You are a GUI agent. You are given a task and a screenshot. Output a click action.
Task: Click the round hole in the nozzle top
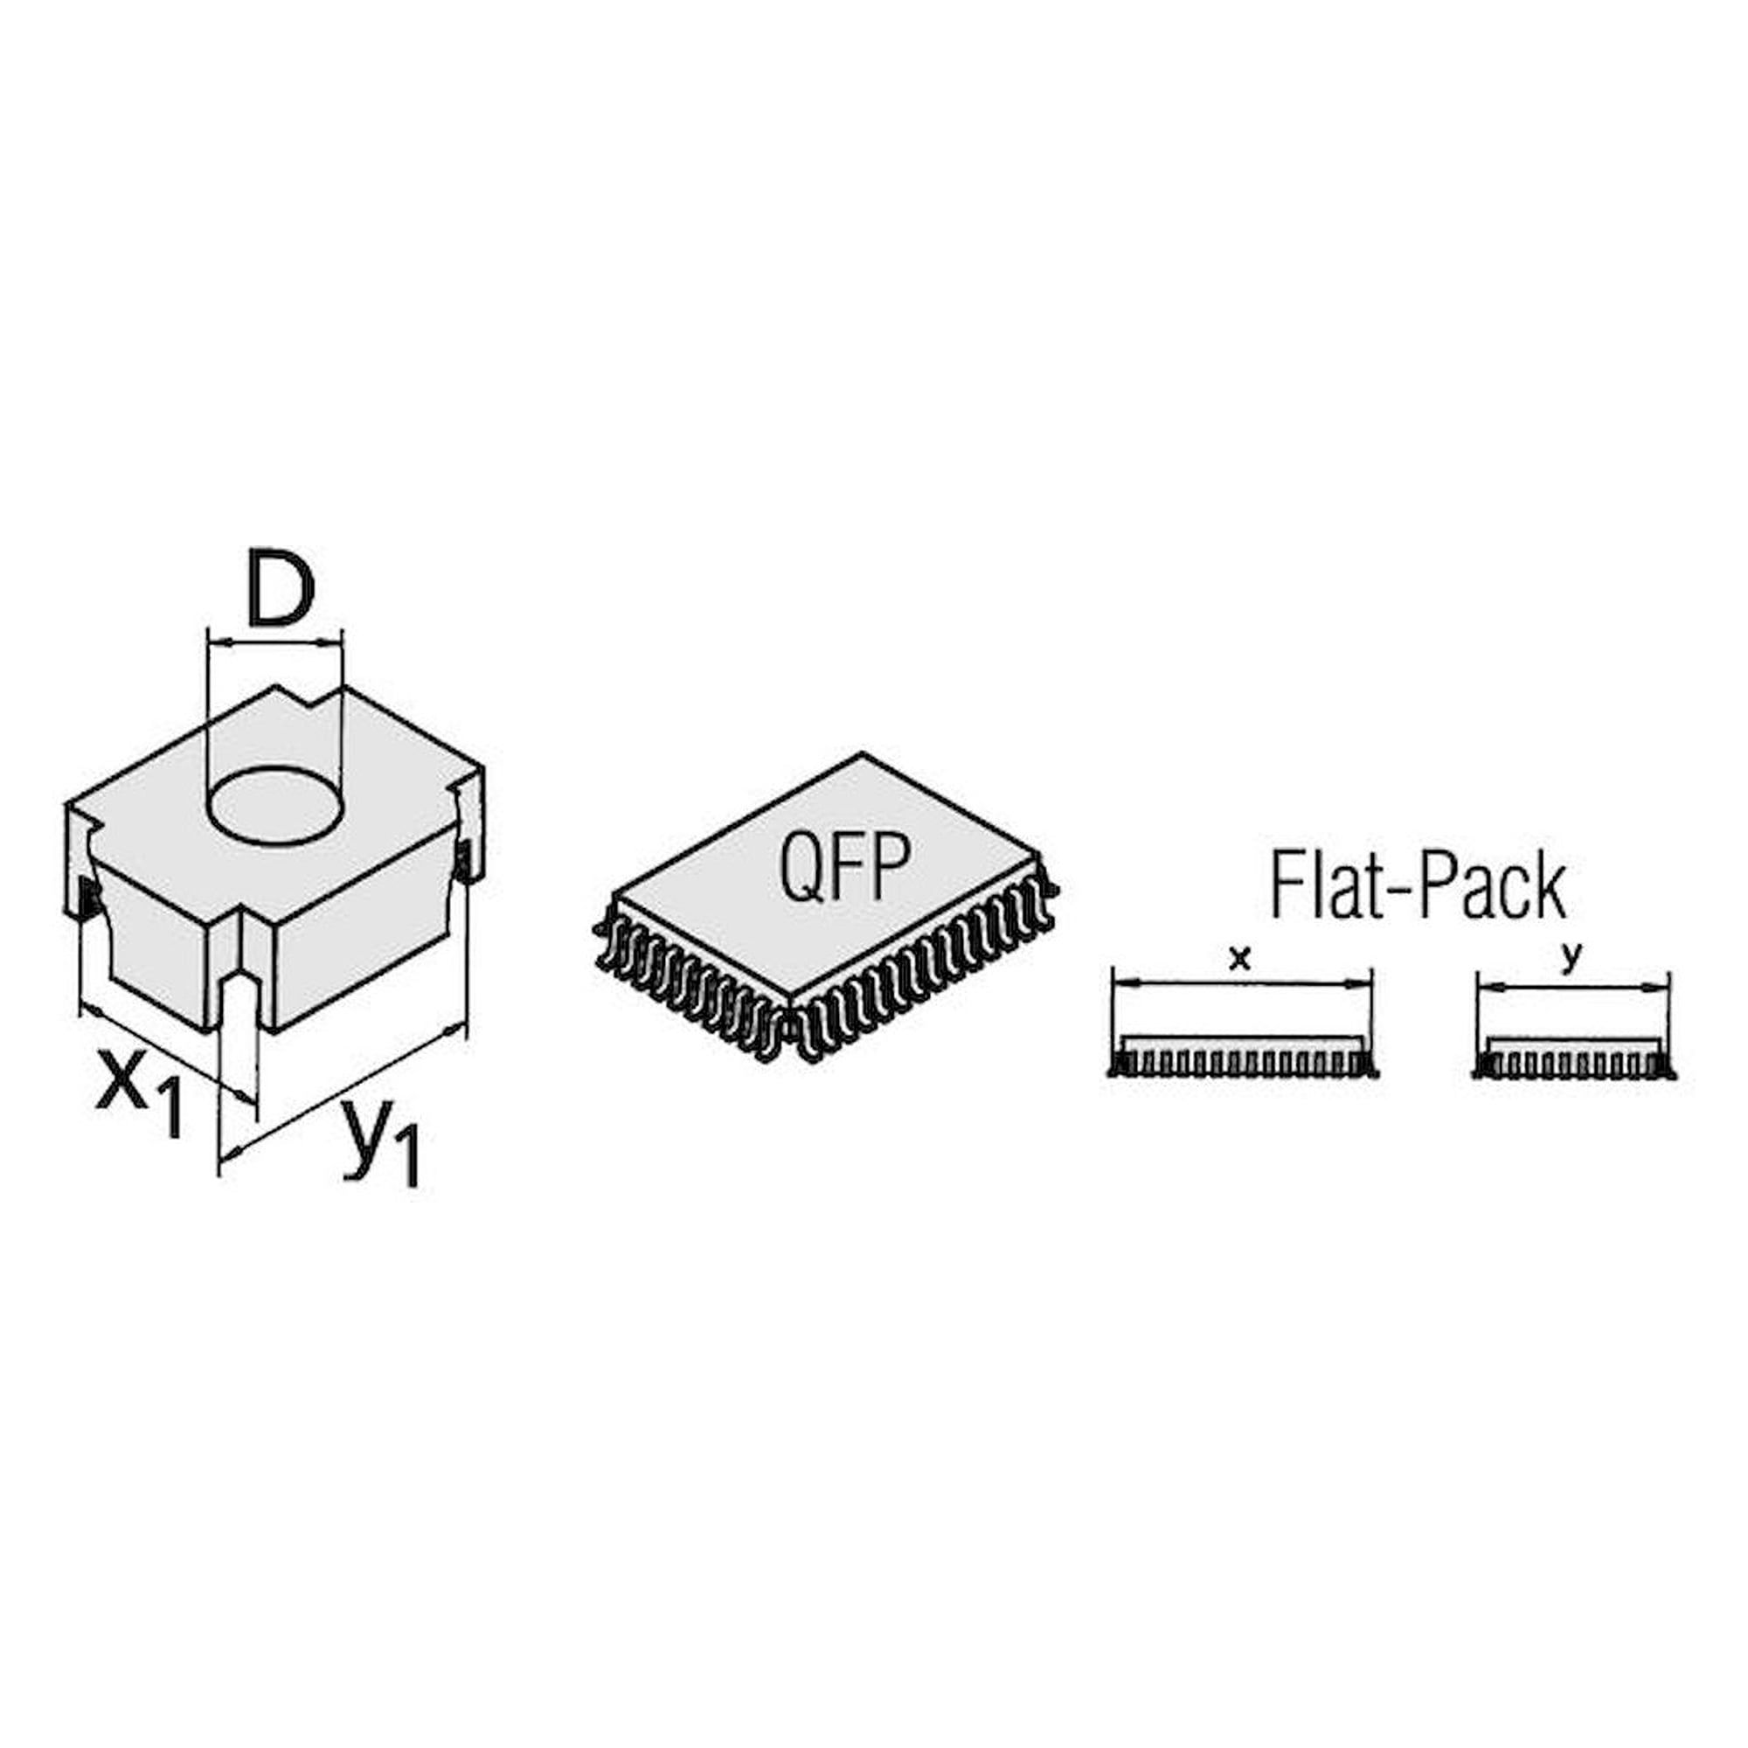(x=277, y=807)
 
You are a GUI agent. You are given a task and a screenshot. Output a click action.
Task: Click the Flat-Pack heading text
(x=1418, y=888)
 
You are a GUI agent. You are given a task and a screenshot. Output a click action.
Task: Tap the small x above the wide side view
(x=1240, y=958)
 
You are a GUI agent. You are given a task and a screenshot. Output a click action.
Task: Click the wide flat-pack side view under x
(x=1244, y=1058)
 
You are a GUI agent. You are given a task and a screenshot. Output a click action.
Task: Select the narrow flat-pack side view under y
(x=1574, y=1059)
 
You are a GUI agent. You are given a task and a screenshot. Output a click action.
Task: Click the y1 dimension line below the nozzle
(x=343, y=1094)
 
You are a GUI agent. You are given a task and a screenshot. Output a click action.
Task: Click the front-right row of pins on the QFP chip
(x=925, y=971)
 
